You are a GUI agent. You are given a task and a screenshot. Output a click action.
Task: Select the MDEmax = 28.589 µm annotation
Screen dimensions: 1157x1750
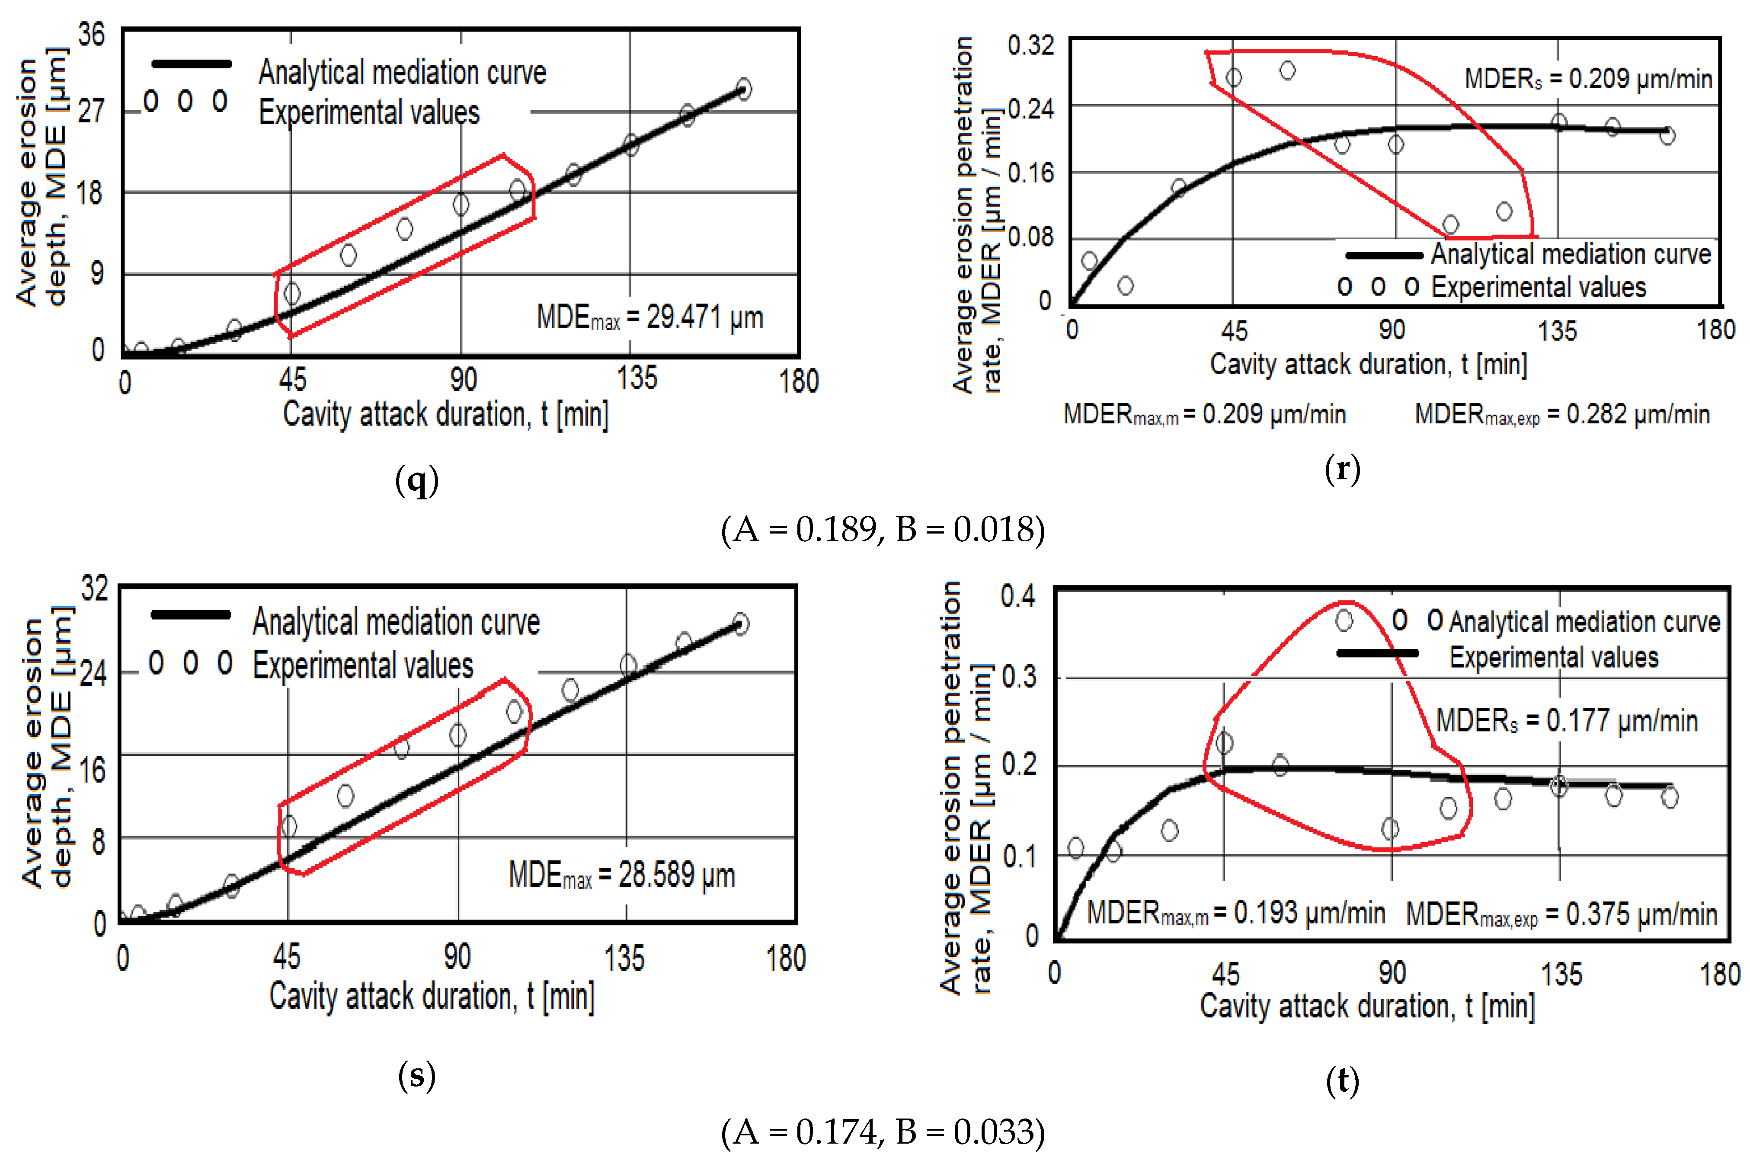621,876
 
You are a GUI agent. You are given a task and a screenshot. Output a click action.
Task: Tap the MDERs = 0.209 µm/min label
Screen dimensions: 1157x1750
1588,78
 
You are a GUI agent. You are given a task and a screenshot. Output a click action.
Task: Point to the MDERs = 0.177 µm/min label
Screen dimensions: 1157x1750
1566,720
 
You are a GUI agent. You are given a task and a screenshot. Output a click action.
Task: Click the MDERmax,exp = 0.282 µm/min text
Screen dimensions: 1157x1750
1562,415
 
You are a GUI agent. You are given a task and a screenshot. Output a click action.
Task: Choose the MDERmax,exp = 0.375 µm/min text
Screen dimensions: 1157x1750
1561,915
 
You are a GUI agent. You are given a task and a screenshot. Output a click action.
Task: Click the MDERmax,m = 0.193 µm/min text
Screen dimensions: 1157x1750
1236,914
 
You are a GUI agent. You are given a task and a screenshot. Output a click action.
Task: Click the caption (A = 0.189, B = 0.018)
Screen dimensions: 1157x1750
883,530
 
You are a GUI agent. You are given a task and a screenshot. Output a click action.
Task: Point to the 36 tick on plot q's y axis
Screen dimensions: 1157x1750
92,34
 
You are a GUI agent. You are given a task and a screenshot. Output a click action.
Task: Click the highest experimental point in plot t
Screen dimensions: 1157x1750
1344,620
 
